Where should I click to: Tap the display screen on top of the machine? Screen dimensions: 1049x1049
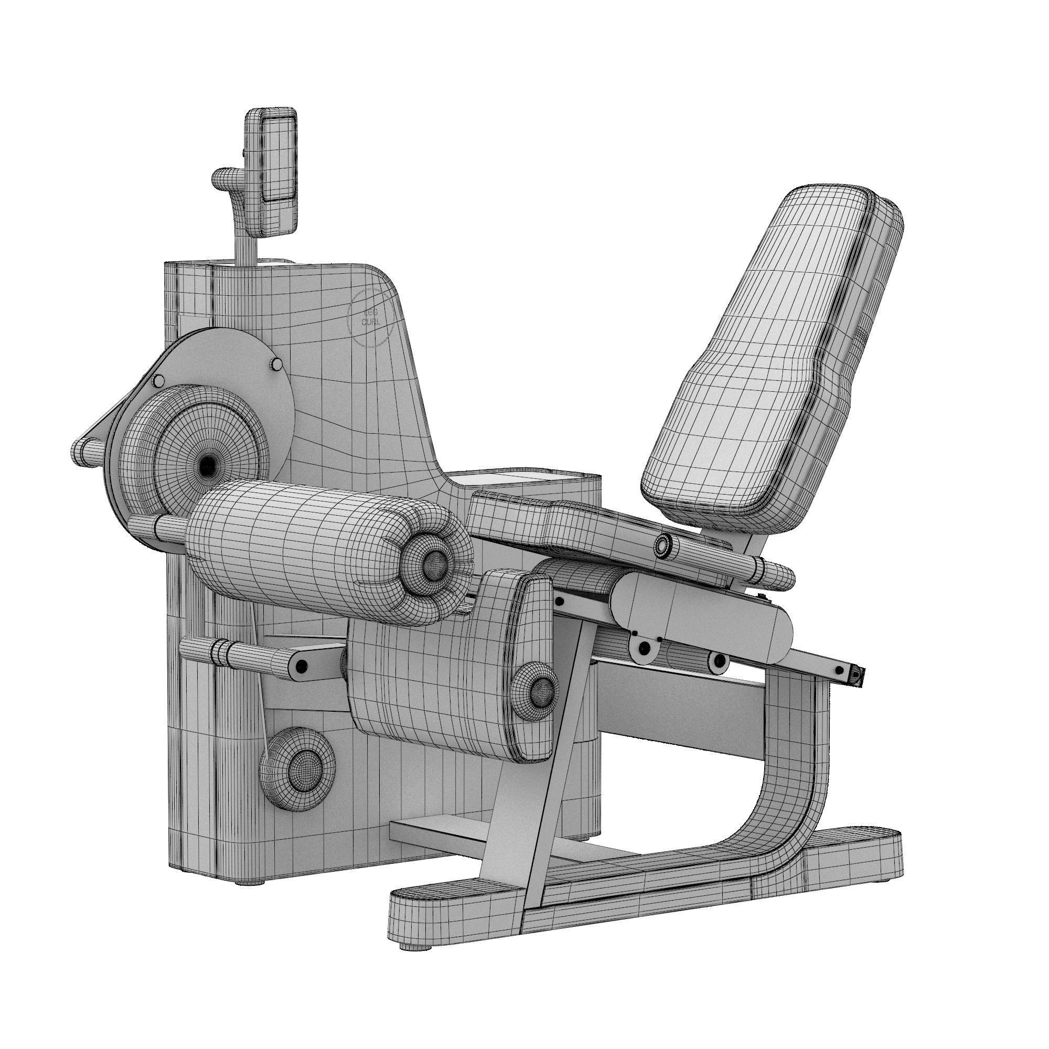click(x=279, y=169)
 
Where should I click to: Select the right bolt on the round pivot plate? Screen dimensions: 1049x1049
click(x=276, y=363)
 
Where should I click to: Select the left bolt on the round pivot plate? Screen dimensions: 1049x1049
click(x=158, y=381)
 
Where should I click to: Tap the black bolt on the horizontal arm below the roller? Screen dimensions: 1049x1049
click(x=302, y=666)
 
